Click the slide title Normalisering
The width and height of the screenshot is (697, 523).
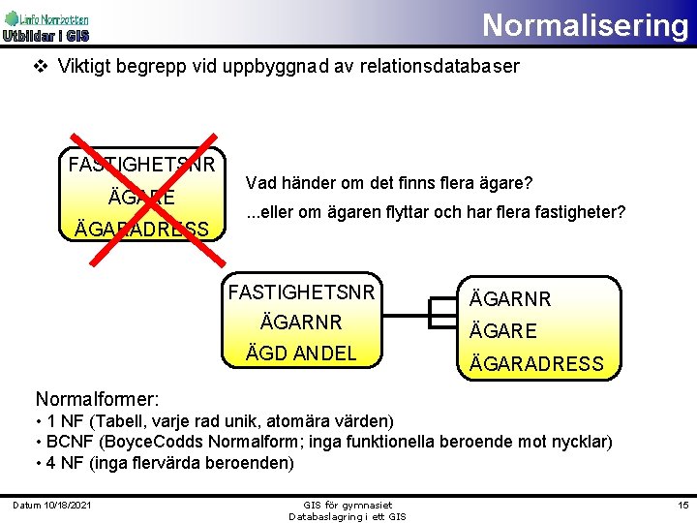click(585, 24)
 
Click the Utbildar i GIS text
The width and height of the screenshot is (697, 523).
click(45, 37)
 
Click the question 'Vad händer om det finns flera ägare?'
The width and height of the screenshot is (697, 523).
click(389, 183)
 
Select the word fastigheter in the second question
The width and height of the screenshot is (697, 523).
click(582, 211)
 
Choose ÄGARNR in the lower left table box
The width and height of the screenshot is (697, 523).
click(300, 322)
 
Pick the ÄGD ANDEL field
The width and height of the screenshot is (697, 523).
click(301, 354)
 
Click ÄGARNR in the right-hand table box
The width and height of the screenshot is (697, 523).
click(510, 299)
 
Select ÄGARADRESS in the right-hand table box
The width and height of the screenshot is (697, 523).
click(536, 364)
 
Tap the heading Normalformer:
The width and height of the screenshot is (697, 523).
click(97, 399)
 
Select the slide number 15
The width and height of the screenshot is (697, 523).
click(682, 507)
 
